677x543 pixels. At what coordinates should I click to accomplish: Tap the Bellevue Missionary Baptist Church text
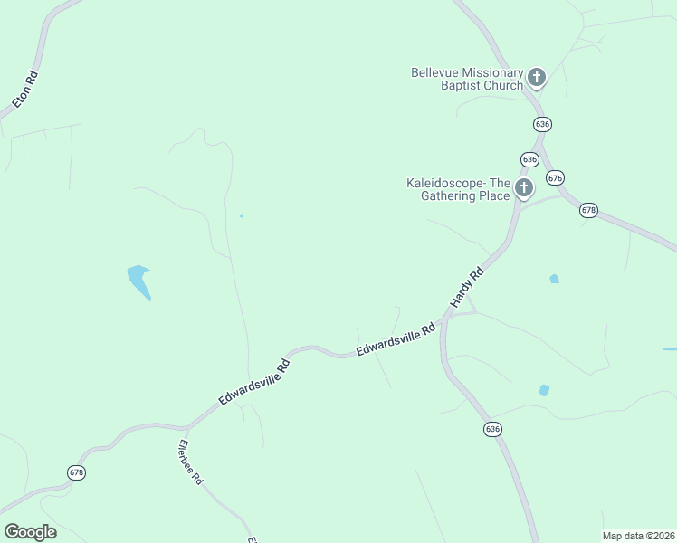click(x=467, y=79)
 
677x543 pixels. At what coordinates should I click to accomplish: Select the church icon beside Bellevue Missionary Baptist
click(x=537, y=78)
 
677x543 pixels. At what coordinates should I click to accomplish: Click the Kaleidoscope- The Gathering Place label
click(x=458, y=188)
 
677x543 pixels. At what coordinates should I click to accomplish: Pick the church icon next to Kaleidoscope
click(x=523, y=188)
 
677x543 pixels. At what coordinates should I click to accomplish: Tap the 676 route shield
click(x=556, y=177)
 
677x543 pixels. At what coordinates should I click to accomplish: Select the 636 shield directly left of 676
click(x=529, y=159)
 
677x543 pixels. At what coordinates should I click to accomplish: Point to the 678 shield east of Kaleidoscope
click(x=589, y=209)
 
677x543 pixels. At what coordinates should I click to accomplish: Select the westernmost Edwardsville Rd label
click(x=253, y=383)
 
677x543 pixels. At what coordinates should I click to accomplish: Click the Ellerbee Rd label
click(x=191, y=462)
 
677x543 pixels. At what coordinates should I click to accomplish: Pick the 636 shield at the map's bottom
click(x=492, y=428)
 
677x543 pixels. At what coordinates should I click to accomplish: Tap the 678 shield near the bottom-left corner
click(x=76, y=472)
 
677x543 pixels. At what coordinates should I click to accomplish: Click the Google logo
click(x=30, y=532)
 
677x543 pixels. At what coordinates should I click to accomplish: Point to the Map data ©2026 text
click(x=638, y=535)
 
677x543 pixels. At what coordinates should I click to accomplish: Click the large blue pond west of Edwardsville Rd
click(x=139, y=281)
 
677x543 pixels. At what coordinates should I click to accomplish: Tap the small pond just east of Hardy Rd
click(x=554, y=279)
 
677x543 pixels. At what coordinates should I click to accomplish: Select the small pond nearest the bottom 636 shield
click(x=544, y=390)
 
